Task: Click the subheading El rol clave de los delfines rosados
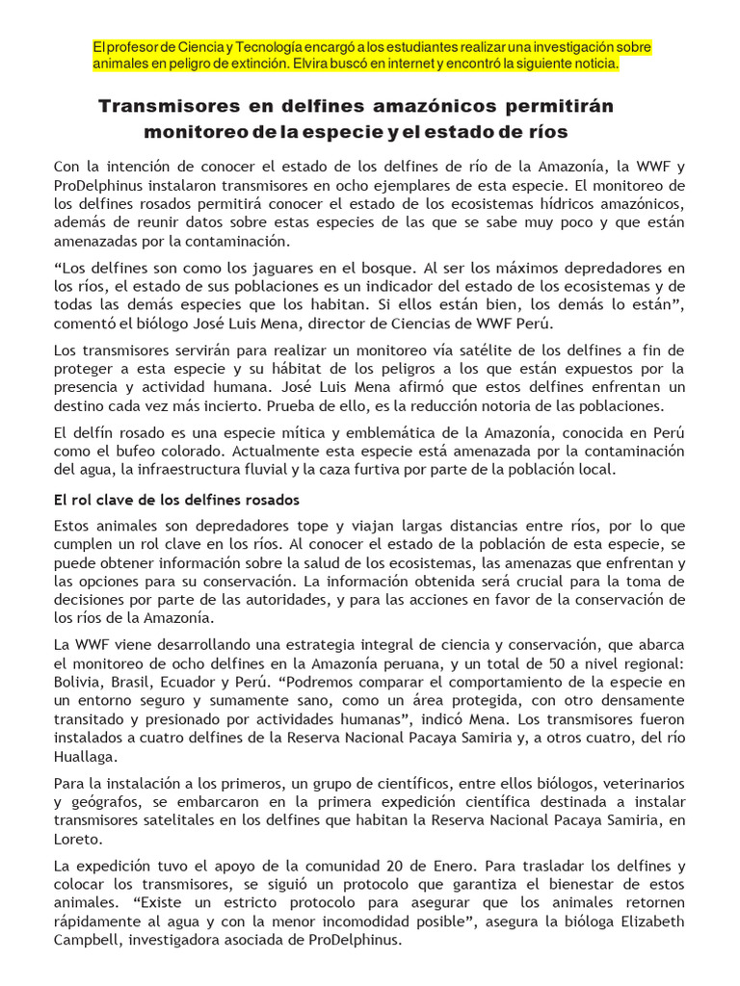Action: click(x=176, y=500)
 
